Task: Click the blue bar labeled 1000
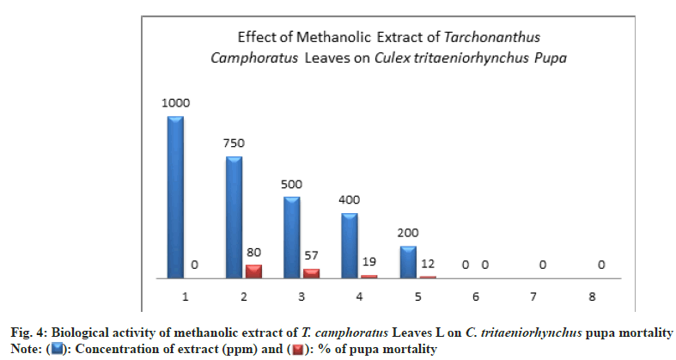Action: click(x=176, y=198)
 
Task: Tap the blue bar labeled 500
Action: click(x=293, y=238)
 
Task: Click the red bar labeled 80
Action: click(x=254, y=272)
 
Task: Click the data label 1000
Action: click(x=175, y=102)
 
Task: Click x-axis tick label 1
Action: click(x=185, y=296)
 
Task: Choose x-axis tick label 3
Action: click(x=301, y=296)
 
